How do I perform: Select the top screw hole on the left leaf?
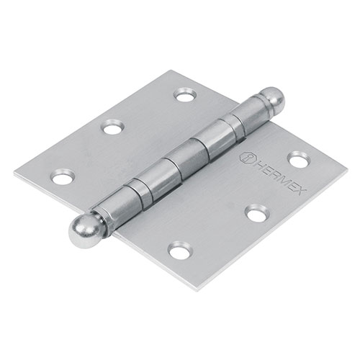185,94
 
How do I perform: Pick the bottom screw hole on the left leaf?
63,176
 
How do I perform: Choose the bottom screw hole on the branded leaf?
180,250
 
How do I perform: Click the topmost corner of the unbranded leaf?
171,71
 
